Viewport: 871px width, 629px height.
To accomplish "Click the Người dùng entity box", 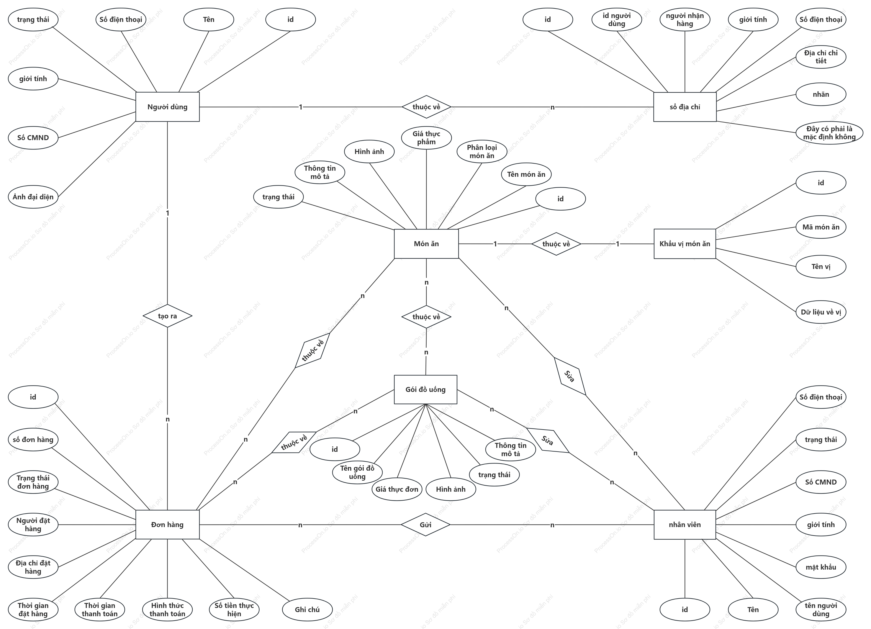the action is (x=167, y=107).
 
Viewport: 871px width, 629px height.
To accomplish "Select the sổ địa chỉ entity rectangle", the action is (x=685, y=107).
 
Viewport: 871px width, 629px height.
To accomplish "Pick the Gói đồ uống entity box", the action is (x=426, y=389).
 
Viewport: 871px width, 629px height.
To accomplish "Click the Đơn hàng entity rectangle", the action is (x=167, y=524).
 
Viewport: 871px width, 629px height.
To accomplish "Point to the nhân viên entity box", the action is (x=685, y=524).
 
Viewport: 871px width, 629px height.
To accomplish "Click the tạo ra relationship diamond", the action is (x=167, y=316).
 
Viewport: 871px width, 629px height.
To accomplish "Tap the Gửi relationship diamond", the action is (x=426, y=524).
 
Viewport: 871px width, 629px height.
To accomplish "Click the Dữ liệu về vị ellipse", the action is (x=821, y=312).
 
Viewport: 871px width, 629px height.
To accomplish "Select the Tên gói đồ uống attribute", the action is (x=357, y=472).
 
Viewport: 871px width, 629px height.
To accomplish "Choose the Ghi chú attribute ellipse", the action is (x=307, y=609).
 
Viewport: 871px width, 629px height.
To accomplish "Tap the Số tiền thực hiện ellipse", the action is (x=234, y=609).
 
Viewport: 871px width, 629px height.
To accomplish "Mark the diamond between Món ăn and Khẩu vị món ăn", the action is (x=556, y=244).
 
